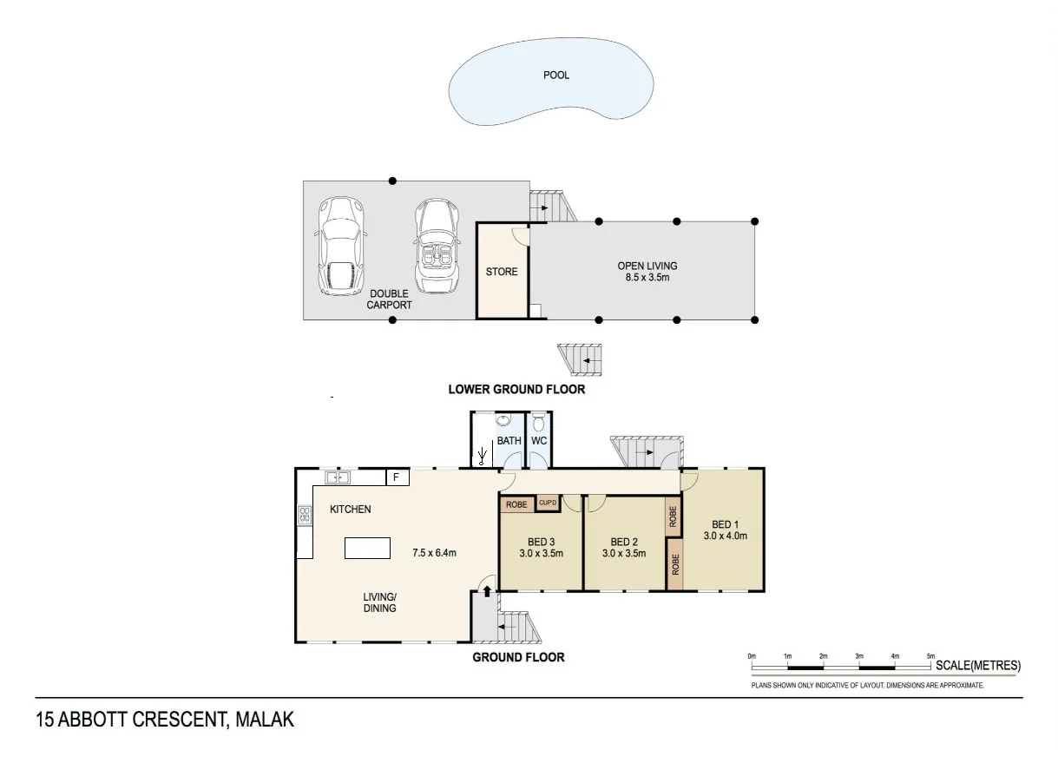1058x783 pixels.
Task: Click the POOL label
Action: (x=556, y=75)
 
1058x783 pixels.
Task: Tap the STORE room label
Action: (x=502, y=272)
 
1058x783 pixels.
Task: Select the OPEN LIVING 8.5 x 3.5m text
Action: (x=647, y=272)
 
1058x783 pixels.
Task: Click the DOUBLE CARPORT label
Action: (x=389, y=299)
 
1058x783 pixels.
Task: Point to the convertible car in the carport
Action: (x=437, y=246)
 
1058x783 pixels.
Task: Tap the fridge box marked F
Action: (x=398, y=477)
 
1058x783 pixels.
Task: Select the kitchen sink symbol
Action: (x=338, y=477)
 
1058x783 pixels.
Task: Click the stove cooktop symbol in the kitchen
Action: (x=305, y=516)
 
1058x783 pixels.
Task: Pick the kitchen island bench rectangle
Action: (x=367, y=548)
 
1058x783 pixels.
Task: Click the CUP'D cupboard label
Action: (x=547, y=503)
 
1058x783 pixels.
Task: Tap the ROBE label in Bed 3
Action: (x=516, y=504)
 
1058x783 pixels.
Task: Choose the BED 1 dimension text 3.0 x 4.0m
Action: (x=725, y=536)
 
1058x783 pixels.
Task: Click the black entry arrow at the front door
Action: (x=487, y=591)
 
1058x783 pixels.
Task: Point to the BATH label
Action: (x=509, y=440)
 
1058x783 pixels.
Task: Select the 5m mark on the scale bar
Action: (x=930, y=656)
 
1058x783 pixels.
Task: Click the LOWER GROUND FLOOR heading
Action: (x=516, y=390)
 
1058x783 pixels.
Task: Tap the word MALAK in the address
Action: (x=265, y=720)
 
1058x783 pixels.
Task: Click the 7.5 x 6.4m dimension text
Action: (x=434, y=553)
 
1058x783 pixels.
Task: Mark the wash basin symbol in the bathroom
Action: (x=503, y=420)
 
